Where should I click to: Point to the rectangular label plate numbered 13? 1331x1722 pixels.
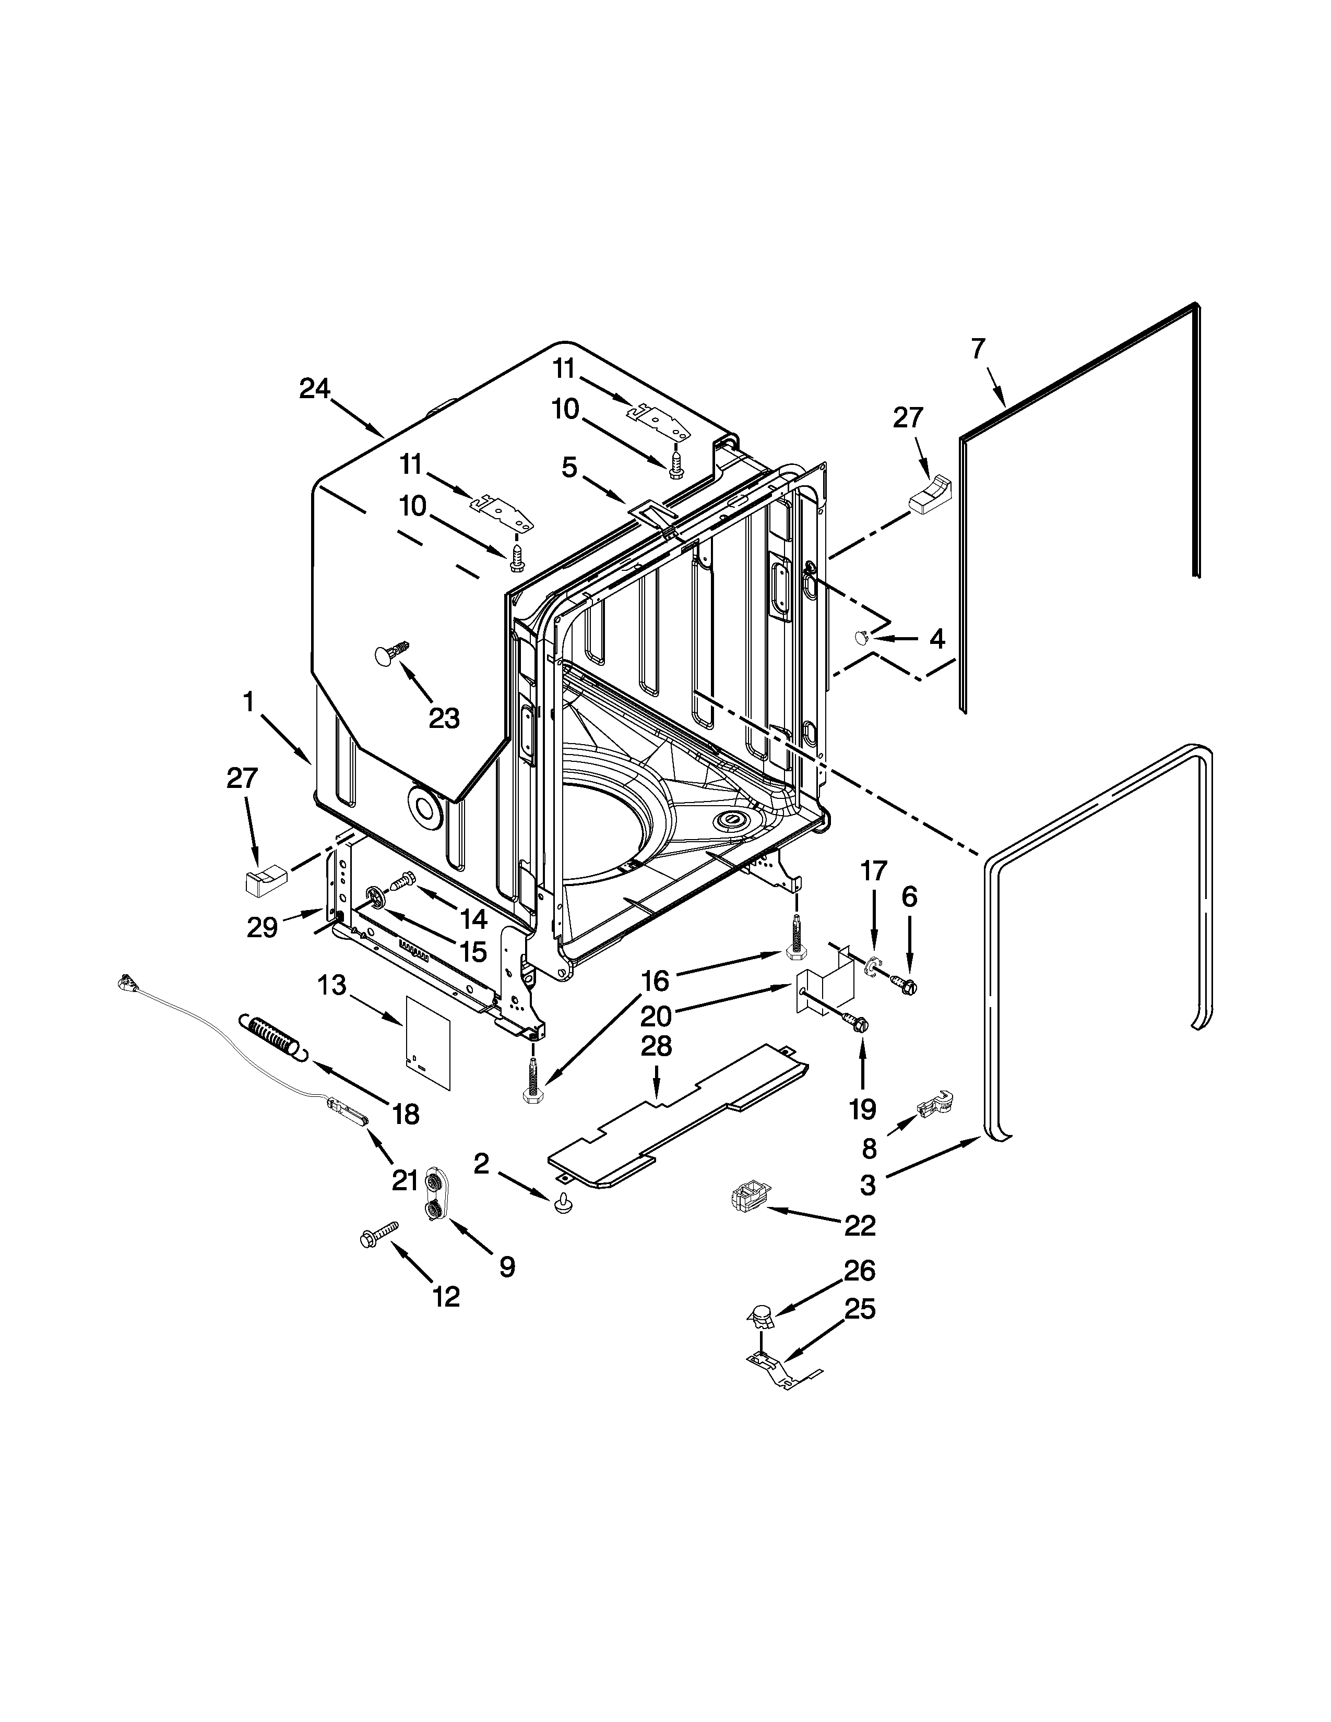427,1041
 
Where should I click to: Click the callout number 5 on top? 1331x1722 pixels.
569,468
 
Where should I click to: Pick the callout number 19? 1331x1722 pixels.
863,1109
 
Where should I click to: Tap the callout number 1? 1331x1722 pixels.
249,700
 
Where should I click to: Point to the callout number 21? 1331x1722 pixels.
405,1180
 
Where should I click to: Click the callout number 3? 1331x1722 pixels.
867,1185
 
